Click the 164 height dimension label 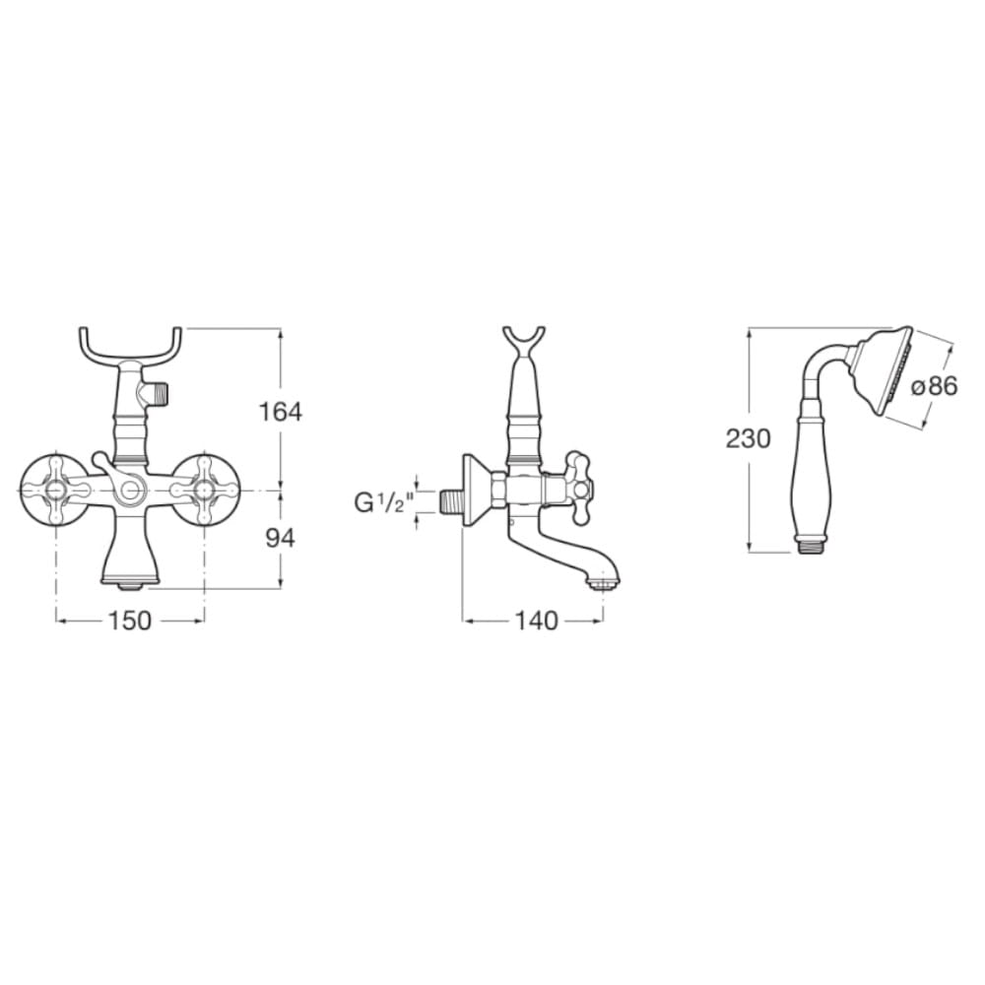(280, 412)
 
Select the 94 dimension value (280, 539)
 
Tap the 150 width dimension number (130, 621)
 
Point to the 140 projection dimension (537, 621)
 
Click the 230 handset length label (748, 438)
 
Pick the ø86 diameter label (934, 386)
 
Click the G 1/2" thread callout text (384, 502)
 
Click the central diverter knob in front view (130, 490)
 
